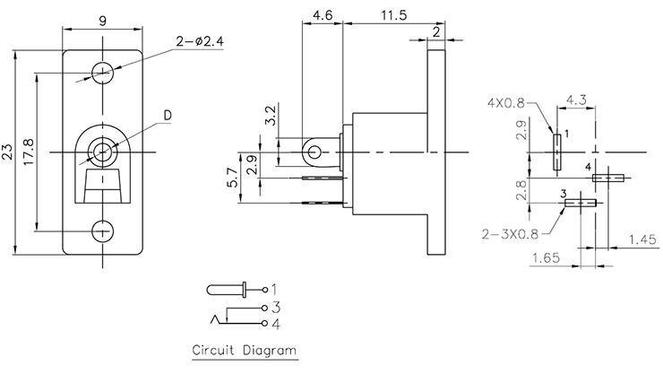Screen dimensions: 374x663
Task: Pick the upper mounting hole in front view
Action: pyautogui.click(x=104, y=71)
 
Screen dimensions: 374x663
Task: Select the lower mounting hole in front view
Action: pyautogui.click(x=104, y=230)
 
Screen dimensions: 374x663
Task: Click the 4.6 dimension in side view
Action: pyautogui.click(x=323, y=14)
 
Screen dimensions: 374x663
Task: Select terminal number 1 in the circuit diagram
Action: pyautogui.click(x=274, y=289)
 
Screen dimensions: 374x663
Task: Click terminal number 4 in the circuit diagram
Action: pyautogui.click(x=275, y=322)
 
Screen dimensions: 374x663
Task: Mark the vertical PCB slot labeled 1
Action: pyautogui.click(x=556, y=152)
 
